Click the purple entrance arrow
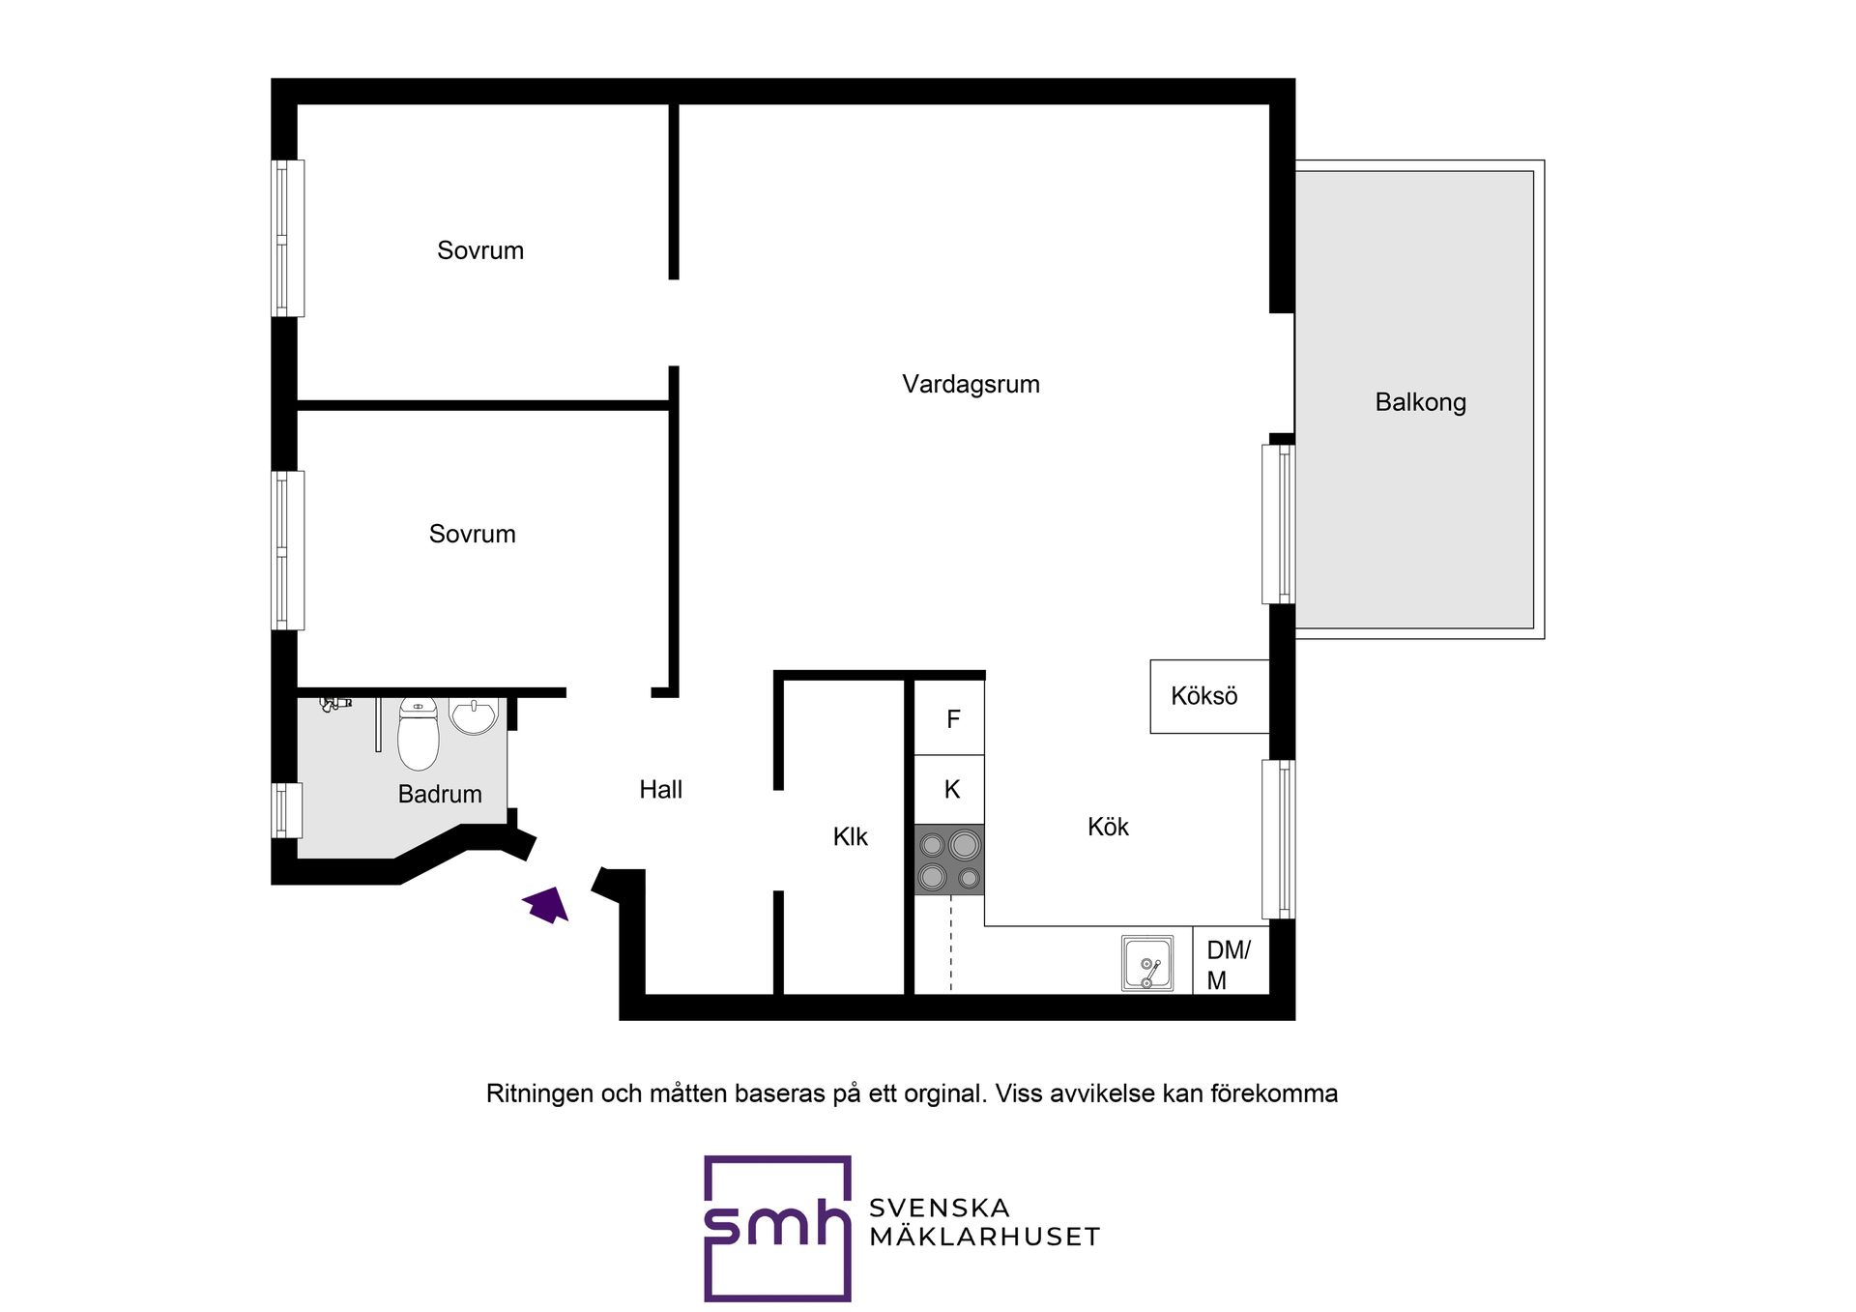[547, 905]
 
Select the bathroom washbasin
[474, 715]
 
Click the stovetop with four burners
[949, 860]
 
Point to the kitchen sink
[1147, 963]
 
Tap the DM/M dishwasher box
[1231, 961]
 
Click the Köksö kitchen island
[1209, 696]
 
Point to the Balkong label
[1420, 402]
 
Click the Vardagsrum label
[971, 384]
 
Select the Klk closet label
[851, 836]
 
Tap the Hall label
[661, 790]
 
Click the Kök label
[1108, 827]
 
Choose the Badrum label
[440, 794]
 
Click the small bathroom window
[286, 810]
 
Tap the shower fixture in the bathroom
[335, 704]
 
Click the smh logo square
[777, 1228]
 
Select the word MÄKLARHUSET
[984, 1237]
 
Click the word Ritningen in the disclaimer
[539, 1093]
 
